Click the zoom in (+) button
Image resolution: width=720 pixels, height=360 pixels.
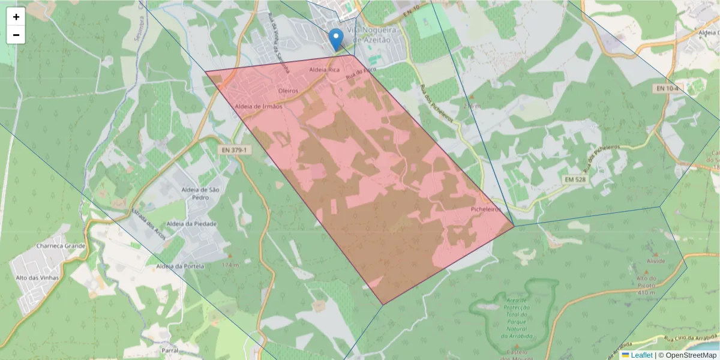pos(16,17)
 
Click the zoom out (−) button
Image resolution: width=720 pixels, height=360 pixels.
pos(16,35)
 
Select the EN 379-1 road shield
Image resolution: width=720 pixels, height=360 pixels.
pos(233,149)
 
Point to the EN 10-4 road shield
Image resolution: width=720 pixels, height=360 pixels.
pos(668,88)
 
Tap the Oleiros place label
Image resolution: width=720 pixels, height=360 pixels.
pos(288,91)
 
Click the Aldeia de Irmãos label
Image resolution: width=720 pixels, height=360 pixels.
pos(259,106)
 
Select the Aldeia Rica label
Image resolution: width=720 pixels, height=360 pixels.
pos(325,70)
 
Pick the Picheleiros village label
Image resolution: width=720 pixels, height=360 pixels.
pos(485,209)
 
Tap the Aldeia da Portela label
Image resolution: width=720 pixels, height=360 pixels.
pos(180,266)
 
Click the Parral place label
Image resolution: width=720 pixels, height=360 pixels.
pos(170,349)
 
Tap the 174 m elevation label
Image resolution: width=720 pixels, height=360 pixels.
pos(230,265)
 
